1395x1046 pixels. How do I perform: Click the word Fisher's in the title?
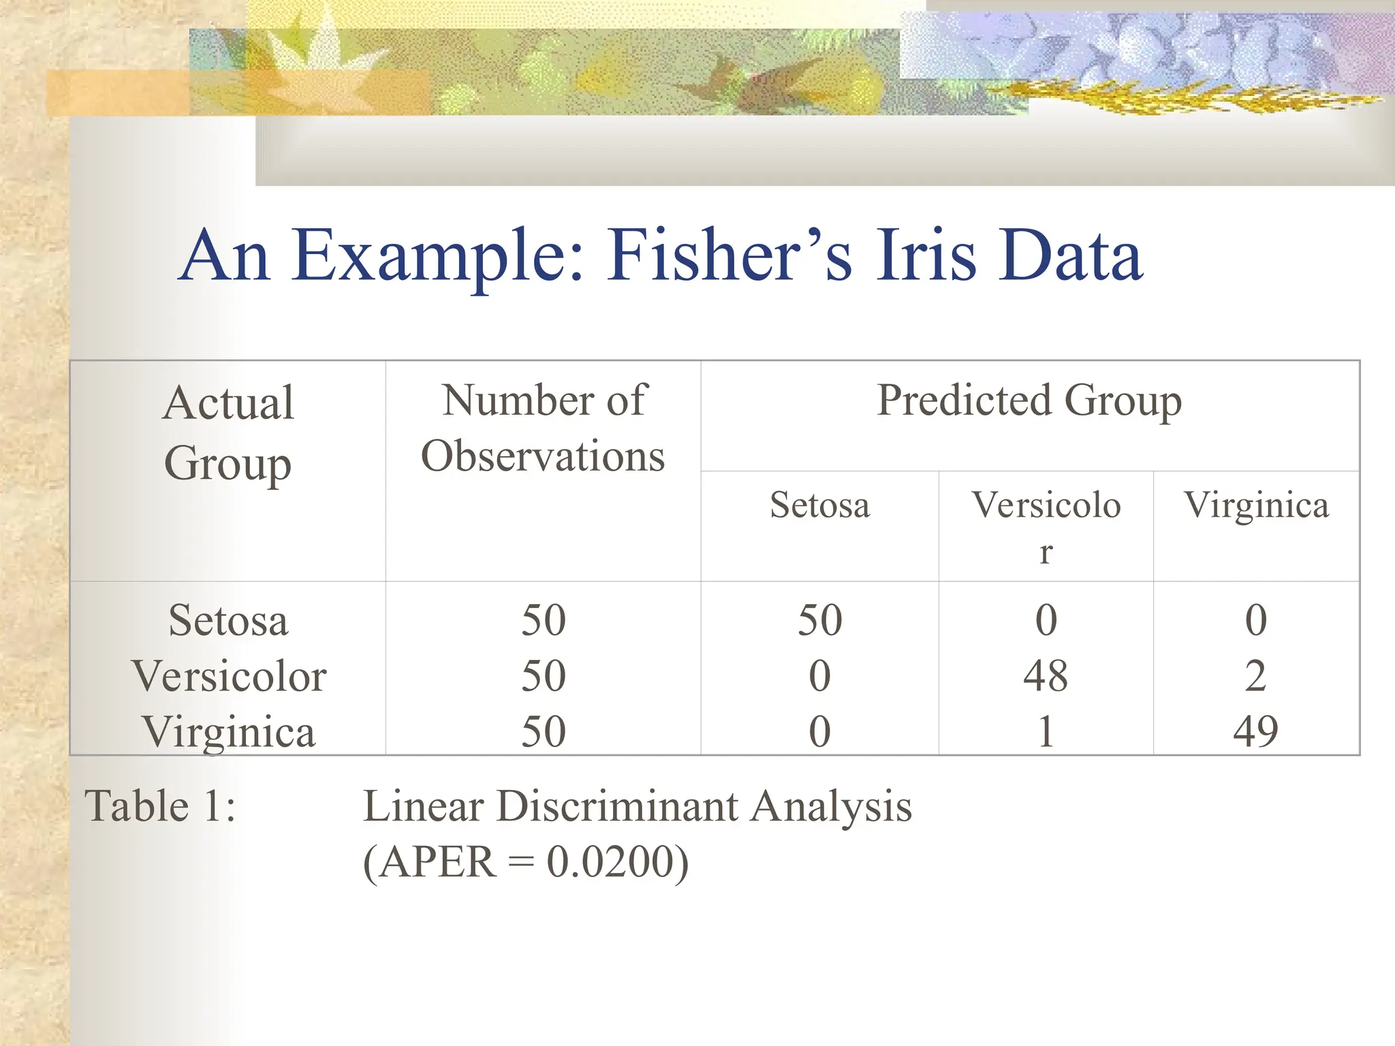(x=729, y=255)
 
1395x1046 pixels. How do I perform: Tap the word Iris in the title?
(x=926, y=255)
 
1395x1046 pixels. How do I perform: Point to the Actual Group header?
(x=228, y=432)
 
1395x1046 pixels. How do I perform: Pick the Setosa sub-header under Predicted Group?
(x=819, y=505)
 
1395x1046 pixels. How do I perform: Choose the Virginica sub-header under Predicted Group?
(x=1256, y=505)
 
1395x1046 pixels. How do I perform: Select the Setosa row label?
(x=228, y=620)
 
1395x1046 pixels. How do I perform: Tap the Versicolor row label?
(x=229, y=676)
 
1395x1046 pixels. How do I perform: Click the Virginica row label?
(x=229, y=732)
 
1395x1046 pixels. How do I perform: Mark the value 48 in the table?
(x=1046, y=676)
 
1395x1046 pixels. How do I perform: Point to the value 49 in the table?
(x=1255, y=732)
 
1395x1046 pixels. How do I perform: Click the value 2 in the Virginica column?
(x=1255, y=676)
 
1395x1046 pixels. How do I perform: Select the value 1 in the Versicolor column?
(x=1046, y=732)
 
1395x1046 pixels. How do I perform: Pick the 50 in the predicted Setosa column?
(x=819, y=620)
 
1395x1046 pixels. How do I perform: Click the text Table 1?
(x=160, y=806)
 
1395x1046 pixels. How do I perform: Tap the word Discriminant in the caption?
(x=616, y=806)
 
